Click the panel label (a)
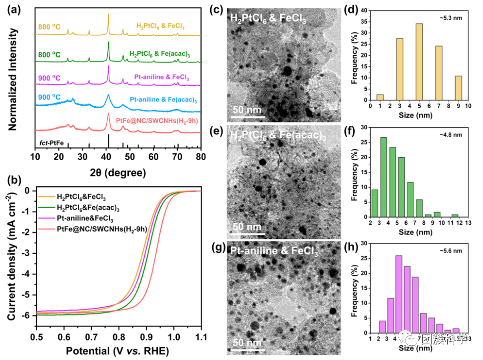(x=13, y=8)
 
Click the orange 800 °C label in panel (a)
(x=50, y=26)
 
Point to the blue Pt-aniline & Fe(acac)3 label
(x=163, y=100)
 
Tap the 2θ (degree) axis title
(x=118, y=172)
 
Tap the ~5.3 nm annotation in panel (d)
(x=450, y=18)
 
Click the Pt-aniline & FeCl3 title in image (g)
(x=275, y=253)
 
